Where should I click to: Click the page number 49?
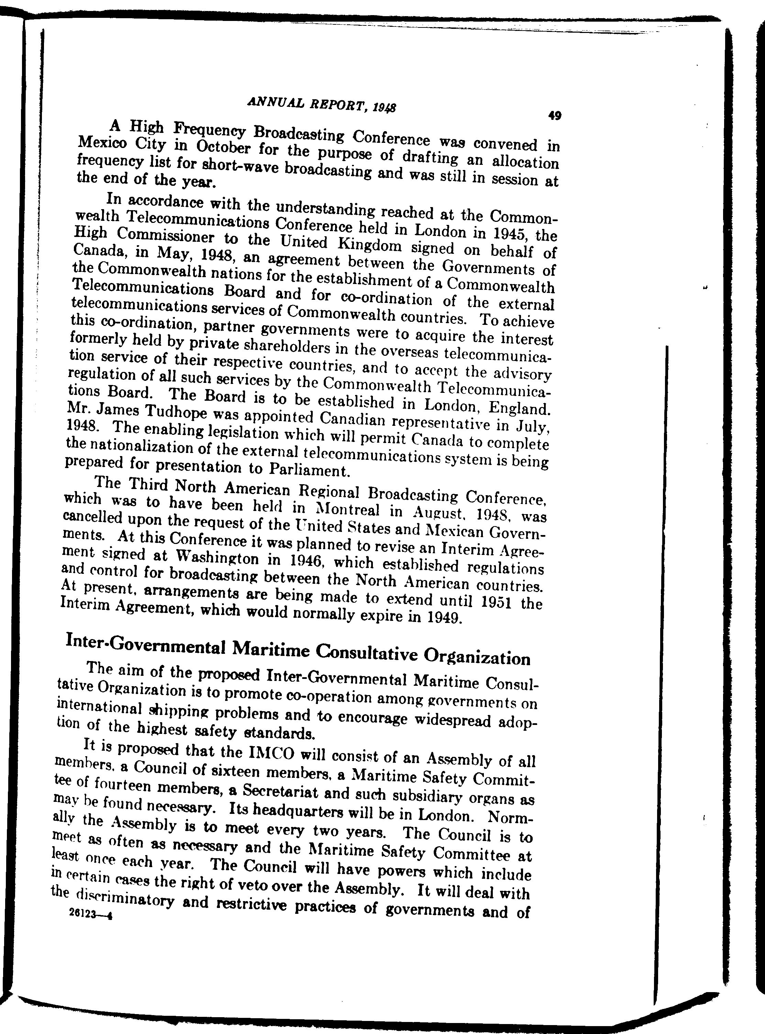coord(554,116)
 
